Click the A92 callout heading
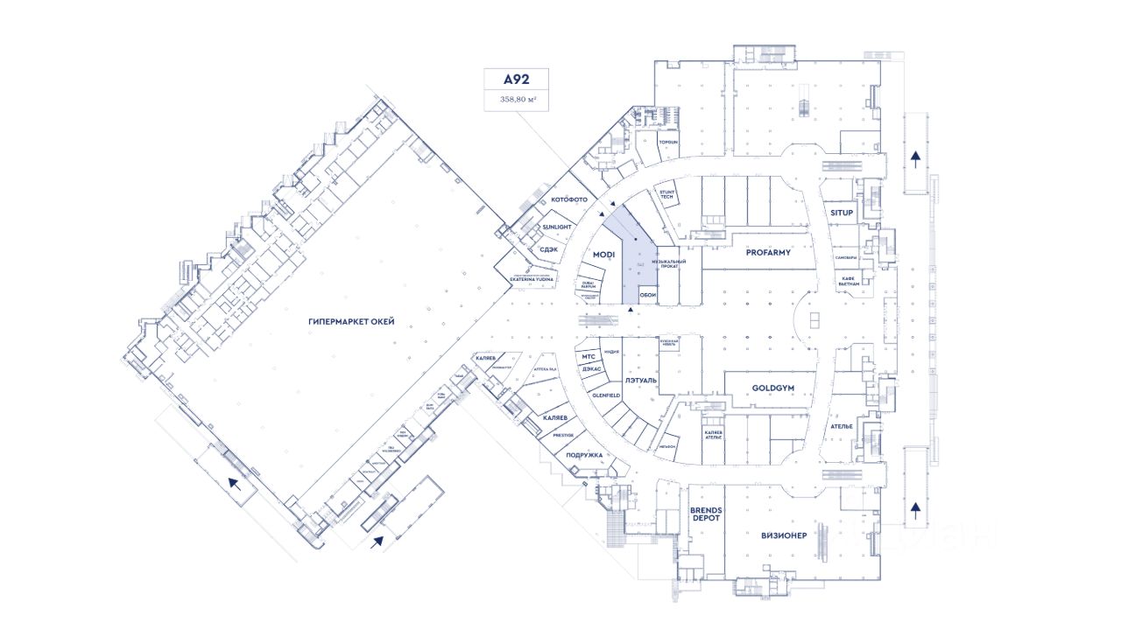517,79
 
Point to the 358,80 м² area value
517,100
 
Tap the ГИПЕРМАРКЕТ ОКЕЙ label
351,322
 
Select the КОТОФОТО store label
569,199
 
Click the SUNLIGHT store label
557,227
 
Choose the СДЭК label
549,248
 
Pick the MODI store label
604,255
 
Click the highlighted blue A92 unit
633,262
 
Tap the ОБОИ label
648,295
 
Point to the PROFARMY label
768,252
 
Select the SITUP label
842,213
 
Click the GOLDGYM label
772,388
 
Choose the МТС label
588,357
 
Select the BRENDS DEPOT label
705,514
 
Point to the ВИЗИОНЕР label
783,535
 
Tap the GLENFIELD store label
606,395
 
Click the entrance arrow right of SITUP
915,159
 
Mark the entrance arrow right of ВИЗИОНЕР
915,510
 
